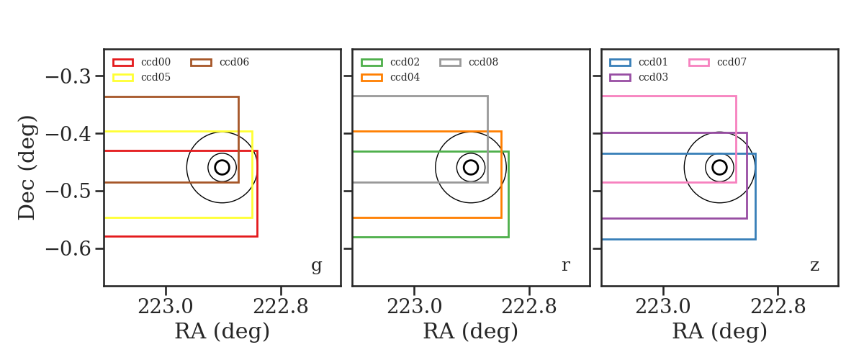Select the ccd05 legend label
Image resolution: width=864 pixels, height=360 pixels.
tap(156, 77)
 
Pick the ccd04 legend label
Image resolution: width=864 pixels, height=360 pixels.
tap(405, 77)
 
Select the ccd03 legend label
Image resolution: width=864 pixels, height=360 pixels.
tap(653, 77)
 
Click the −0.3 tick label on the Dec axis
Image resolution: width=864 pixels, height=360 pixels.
tap(68, 76)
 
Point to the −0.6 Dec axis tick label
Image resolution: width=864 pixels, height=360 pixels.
tap(68, 249)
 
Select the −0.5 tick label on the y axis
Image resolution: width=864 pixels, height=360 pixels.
tap(68, 192)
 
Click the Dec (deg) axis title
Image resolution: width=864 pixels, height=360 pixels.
tap(27, 168)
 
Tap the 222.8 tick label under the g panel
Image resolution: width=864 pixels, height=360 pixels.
tap(280, 307)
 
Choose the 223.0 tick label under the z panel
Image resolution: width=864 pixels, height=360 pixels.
tap(662, 307)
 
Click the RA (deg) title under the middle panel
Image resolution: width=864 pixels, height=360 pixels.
tap(471, 331)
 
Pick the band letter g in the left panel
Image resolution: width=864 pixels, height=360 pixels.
tap(317, 266)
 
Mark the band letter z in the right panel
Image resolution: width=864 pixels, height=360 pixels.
tap(814, 266)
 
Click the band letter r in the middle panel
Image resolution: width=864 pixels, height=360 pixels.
tap(566, 266)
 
